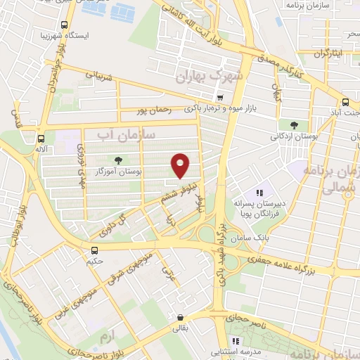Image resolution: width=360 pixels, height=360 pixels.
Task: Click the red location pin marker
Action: [x=181, y=165]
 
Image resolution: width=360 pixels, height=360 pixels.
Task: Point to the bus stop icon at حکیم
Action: [x=95, y=250]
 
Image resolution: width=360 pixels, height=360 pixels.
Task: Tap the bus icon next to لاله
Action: [x=41, y=139]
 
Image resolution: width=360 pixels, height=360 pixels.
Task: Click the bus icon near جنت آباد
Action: [x=345, y=101]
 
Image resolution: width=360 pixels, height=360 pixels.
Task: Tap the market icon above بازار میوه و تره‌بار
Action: [x=221, y=98]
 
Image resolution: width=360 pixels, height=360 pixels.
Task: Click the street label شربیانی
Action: [x=98, y=75]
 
